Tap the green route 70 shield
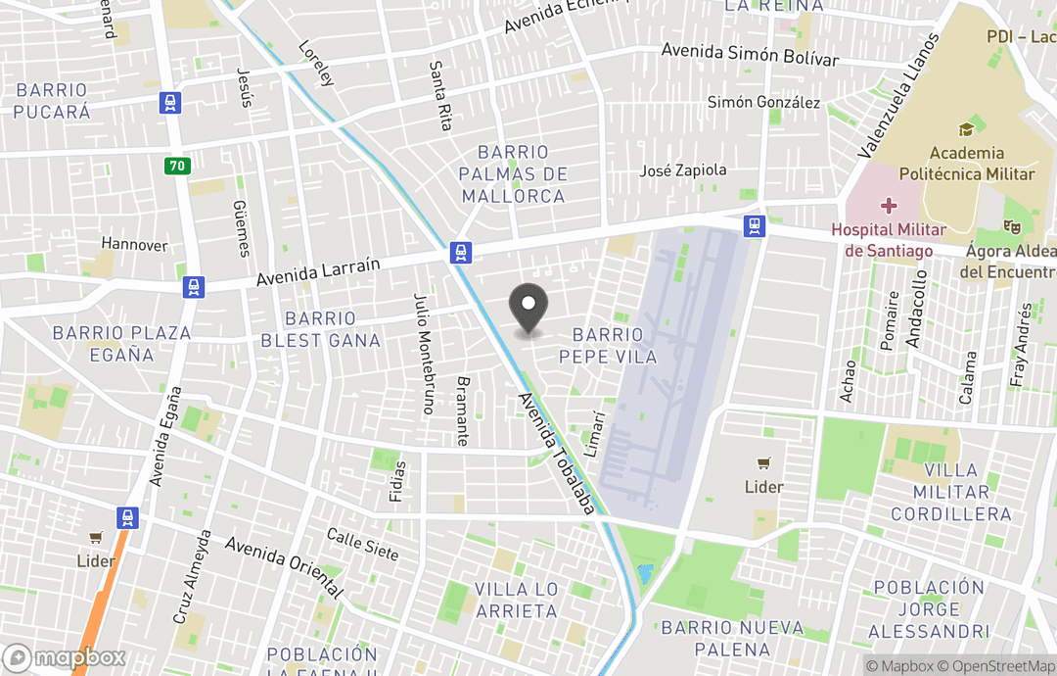176,166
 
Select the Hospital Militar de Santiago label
889,240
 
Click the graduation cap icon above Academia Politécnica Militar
966,129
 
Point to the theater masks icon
1012,226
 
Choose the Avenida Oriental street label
284,567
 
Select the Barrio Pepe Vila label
608,346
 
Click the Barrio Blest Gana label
320,329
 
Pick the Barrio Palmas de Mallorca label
514,174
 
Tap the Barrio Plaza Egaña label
122,344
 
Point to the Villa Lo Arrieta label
516,600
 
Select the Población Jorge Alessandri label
929,608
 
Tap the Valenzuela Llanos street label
897,96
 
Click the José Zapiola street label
683,170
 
